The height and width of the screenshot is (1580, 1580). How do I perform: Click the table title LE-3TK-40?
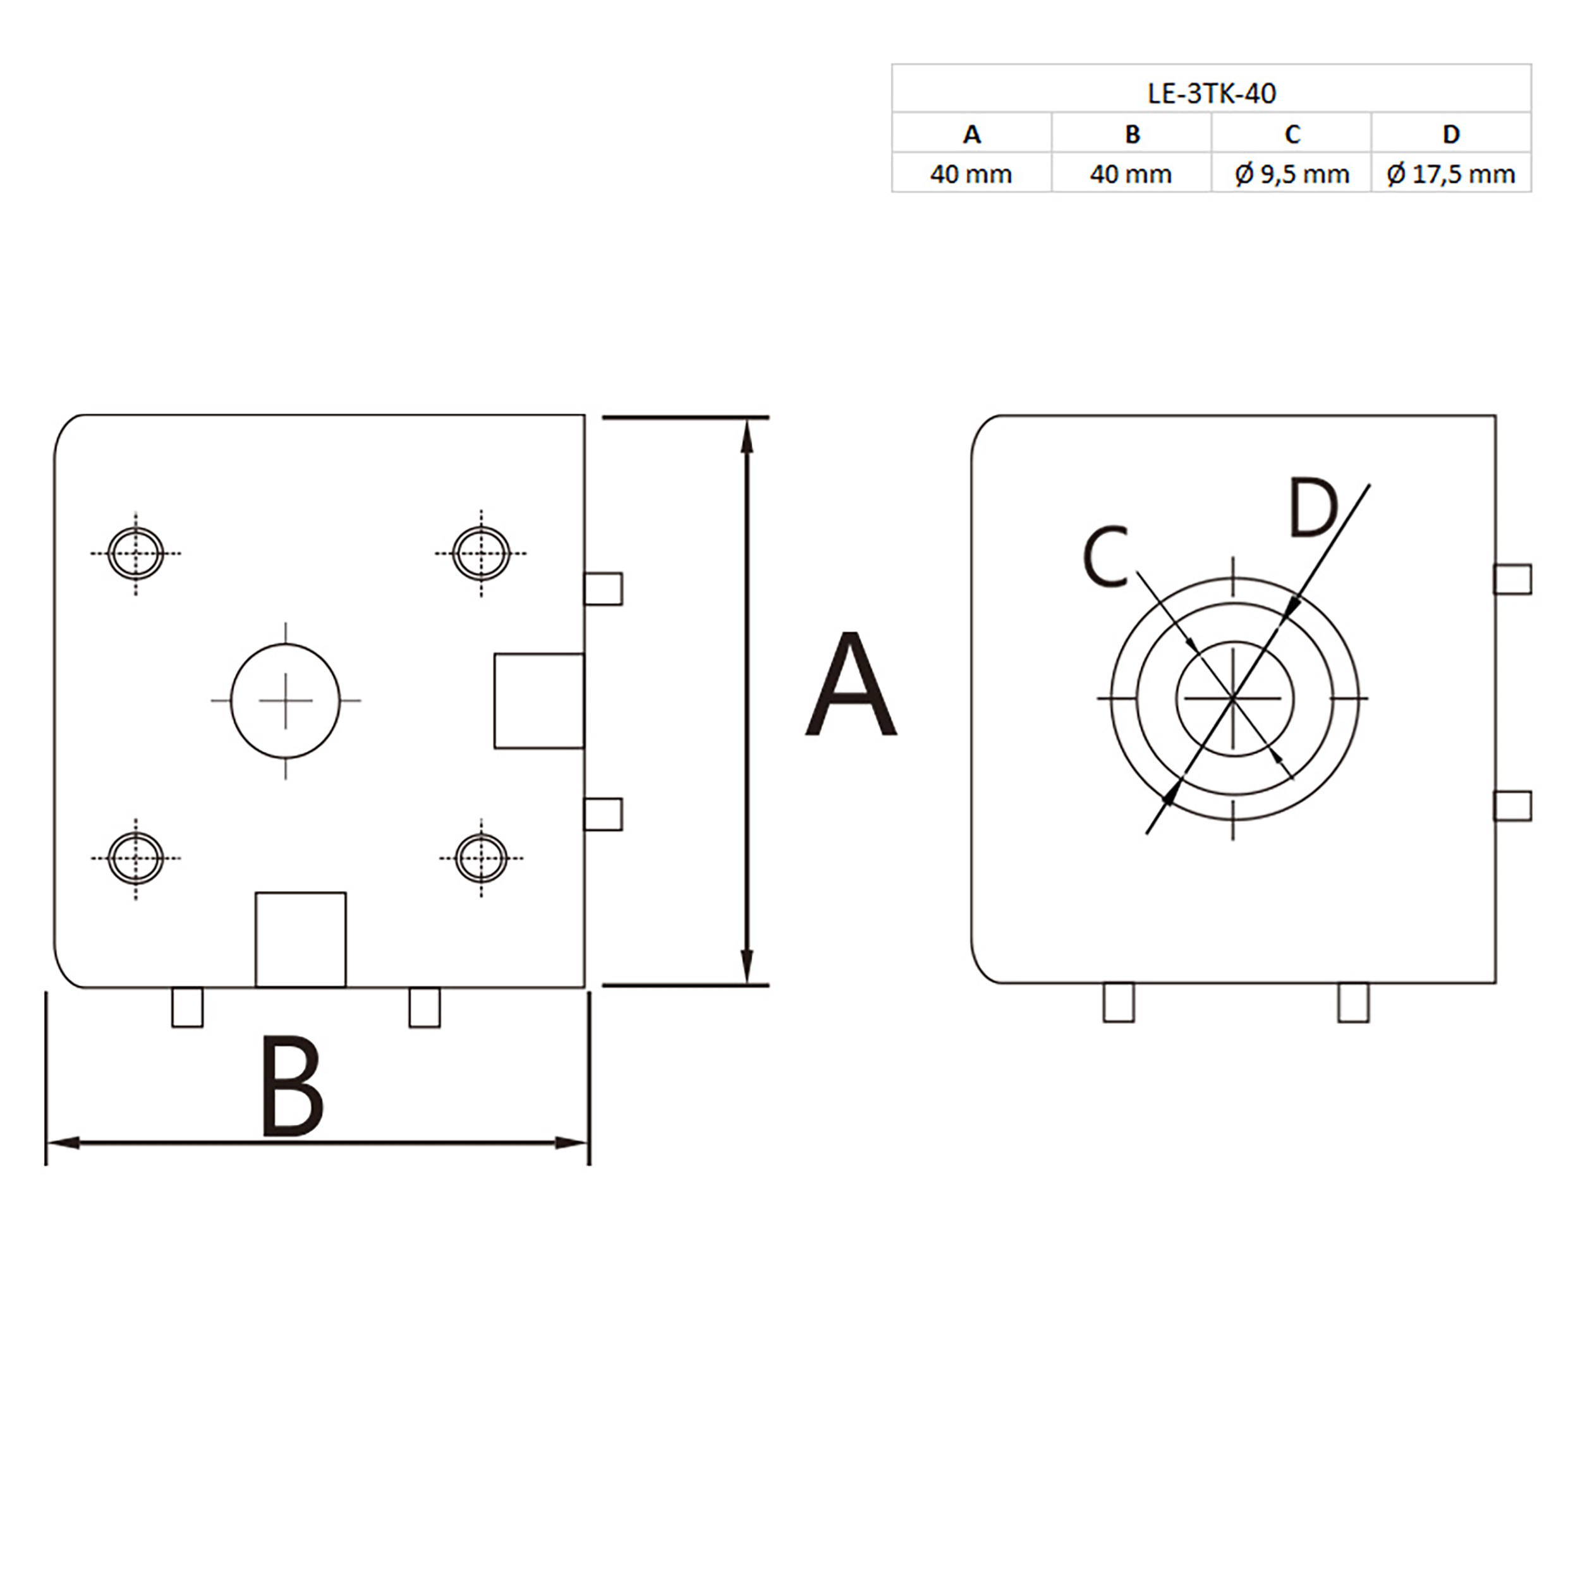tap(1211, 94)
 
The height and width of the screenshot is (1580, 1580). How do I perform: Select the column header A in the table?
tap(971, 134)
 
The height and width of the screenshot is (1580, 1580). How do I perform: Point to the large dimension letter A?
tap(851, 685)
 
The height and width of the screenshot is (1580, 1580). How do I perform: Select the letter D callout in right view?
tap(1312, 509)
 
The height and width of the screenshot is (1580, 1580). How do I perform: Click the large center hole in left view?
tap(286, 700)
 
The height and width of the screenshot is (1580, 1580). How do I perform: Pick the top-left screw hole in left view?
tap(136, 553)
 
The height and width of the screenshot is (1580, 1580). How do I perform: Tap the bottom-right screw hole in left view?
tap(482, 858)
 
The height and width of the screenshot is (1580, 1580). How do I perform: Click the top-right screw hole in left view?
tap(482, 553)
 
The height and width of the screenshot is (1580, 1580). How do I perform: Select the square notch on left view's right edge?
tap(539, 700)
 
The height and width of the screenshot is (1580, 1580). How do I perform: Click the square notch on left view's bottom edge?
tap(301, 939)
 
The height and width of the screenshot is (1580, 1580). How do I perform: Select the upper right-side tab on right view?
tap(1512, 579)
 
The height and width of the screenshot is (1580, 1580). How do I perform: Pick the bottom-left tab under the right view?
tap(1118, 1002)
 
